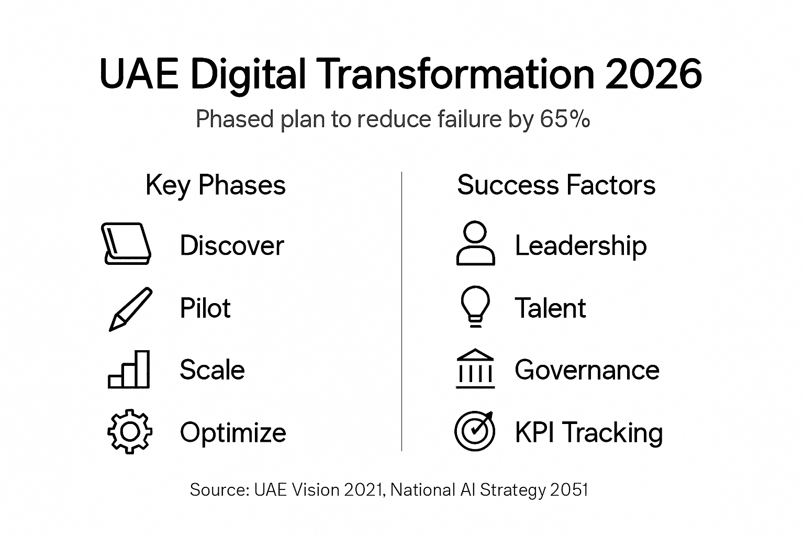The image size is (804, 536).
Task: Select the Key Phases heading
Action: pos(216,185)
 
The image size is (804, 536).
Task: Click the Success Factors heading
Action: pos(556,185)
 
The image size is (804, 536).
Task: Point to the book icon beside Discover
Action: pos(126,244)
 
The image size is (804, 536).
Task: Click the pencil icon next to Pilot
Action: pos(130,308)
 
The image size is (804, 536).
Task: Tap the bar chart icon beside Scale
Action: pos(129,370)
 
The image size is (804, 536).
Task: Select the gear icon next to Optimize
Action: pos(130,431)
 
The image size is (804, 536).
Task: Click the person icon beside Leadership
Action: pos(475,243)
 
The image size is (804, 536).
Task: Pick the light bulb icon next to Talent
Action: pos(475,306)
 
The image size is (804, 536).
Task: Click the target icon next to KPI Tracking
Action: pos(475,431)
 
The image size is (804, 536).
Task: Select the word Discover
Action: pos(232,245)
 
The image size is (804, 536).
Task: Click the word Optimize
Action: pos(233,433)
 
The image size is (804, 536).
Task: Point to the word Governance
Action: pos(587,370)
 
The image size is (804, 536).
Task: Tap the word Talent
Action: pos(550,308)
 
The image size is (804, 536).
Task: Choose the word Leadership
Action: pos(580,245)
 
